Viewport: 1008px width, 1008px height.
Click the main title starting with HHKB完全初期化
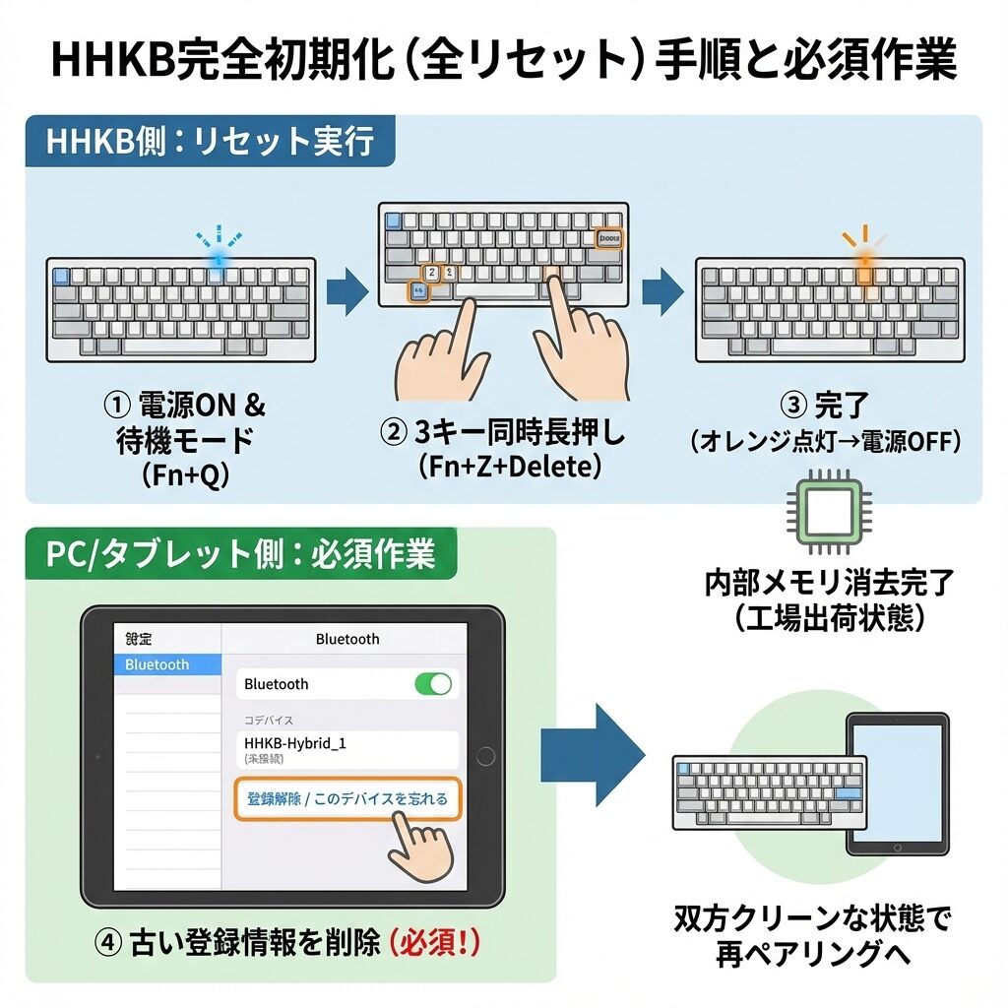pos(503,61)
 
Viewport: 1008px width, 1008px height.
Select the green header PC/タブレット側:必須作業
pos(240,553)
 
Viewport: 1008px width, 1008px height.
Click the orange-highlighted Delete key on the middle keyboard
pos(608,238)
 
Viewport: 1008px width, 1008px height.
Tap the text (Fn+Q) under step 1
pos(185,475)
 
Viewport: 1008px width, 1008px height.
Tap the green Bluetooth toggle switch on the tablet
pos(433,684)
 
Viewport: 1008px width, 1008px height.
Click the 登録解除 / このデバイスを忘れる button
pos(347,798)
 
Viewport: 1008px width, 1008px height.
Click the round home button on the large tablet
pos(483,756)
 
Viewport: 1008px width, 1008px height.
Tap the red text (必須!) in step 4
pos(434,943)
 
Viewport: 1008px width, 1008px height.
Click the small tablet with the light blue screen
pos(897,785)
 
